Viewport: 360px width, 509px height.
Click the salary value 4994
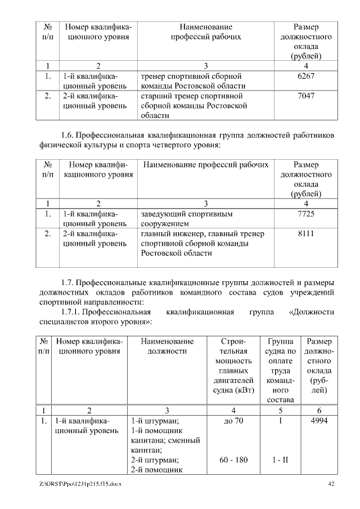[x=319, y=421]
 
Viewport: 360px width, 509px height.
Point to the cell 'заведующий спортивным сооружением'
[x=186, y=219]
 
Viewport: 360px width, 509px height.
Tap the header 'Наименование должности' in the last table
[x=167, y=346]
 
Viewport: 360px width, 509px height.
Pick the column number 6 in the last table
[x=319, y=409]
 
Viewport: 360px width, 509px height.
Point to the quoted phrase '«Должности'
[x=310, y=312]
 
